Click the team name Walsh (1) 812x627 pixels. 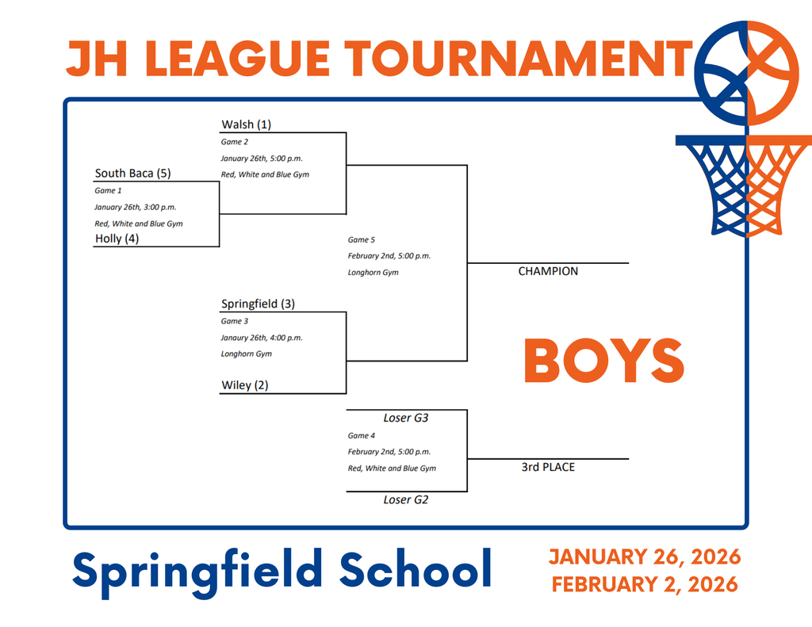[246, 124]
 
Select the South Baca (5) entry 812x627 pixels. [132, 174]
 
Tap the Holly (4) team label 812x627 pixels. [117, 238]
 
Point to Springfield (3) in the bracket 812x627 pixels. [258, 304]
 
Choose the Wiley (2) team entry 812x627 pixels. [245, 385]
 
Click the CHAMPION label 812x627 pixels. [548, 271]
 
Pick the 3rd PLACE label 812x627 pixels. [548, 467]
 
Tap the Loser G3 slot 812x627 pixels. [406, 418]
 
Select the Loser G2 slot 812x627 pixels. [406, 500]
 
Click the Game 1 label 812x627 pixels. [109, 191]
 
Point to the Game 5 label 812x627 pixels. [362, 239]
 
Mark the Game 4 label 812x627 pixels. [362, 436]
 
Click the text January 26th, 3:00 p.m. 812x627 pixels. [136, 207]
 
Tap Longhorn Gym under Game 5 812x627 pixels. [373, 273]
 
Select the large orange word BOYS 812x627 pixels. [603, 361]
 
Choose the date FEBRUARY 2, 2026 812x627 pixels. [645, 585]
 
